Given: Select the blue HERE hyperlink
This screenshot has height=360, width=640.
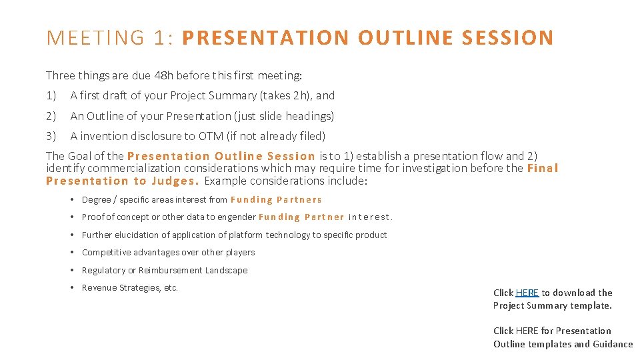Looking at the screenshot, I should pos(527,293).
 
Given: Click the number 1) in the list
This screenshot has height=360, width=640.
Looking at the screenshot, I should pos(51,95).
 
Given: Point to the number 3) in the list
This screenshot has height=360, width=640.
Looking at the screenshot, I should pos(51,137).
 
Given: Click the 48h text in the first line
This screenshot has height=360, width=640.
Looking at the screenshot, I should pos(163,75).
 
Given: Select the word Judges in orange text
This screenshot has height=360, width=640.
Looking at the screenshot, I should pos(173,181).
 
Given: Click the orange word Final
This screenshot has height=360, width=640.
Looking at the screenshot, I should pos(543,168).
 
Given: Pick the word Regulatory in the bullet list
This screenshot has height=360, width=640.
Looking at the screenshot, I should pos(103,271).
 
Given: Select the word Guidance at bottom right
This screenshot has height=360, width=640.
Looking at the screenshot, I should pos(613,344).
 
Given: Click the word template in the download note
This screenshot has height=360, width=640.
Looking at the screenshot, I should pos(589,305).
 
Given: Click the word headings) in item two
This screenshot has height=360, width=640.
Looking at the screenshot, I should pos(310,116).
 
